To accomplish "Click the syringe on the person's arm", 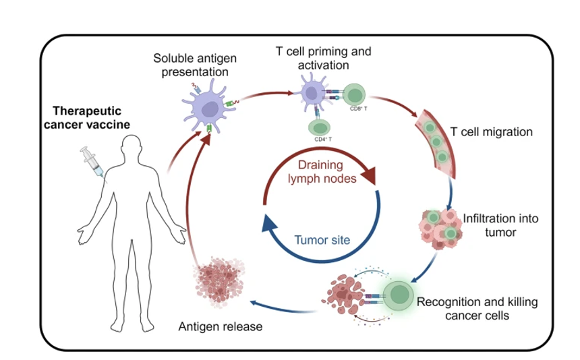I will [x=92, y=162].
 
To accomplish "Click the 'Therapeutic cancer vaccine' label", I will [x=91, y=116].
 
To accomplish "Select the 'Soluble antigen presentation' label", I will [x=191, y=64].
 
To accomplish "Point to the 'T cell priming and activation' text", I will [x=323, y=58].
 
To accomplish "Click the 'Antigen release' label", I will [x=220, y=327].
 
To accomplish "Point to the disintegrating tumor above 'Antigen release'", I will [x=217, y=279].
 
